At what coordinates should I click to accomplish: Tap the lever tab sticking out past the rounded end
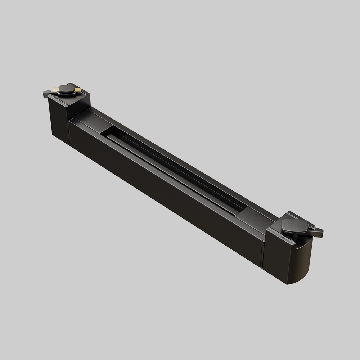[318, 232]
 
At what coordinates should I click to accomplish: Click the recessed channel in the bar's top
[173, 169]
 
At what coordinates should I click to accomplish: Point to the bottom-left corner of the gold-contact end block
[53, 135]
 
